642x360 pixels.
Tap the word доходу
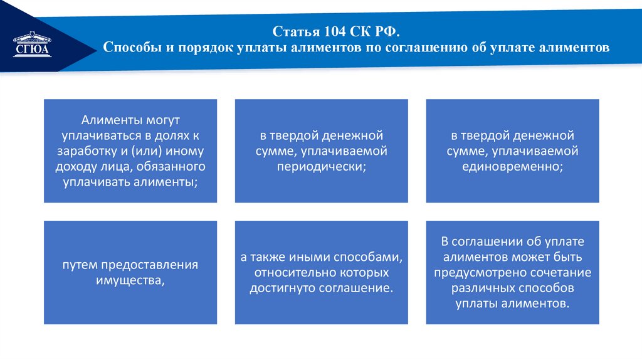tap(88, 166)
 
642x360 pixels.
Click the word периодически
tap(320, 166)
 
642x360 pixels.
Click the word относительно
tap(293, 273)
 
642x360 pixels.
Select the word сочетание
tap(559, 273)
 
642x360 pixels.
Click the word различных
tap(480, 289)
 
